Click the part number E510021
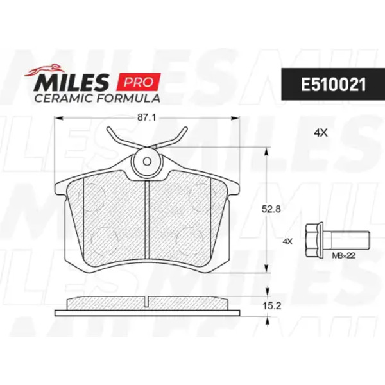coord(333,85)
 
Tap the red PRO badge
coord(139,81)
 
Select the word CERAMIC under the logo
coord(64,98)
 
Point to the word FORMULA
coord(128,98)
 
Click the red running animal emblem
coord(44,69)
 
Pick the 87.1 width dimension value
coord(146,118)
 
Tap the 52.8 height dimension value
coord(271,209)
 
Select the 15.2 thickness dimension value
coord(271,306)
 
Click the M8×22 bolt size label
coord(344,256)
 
